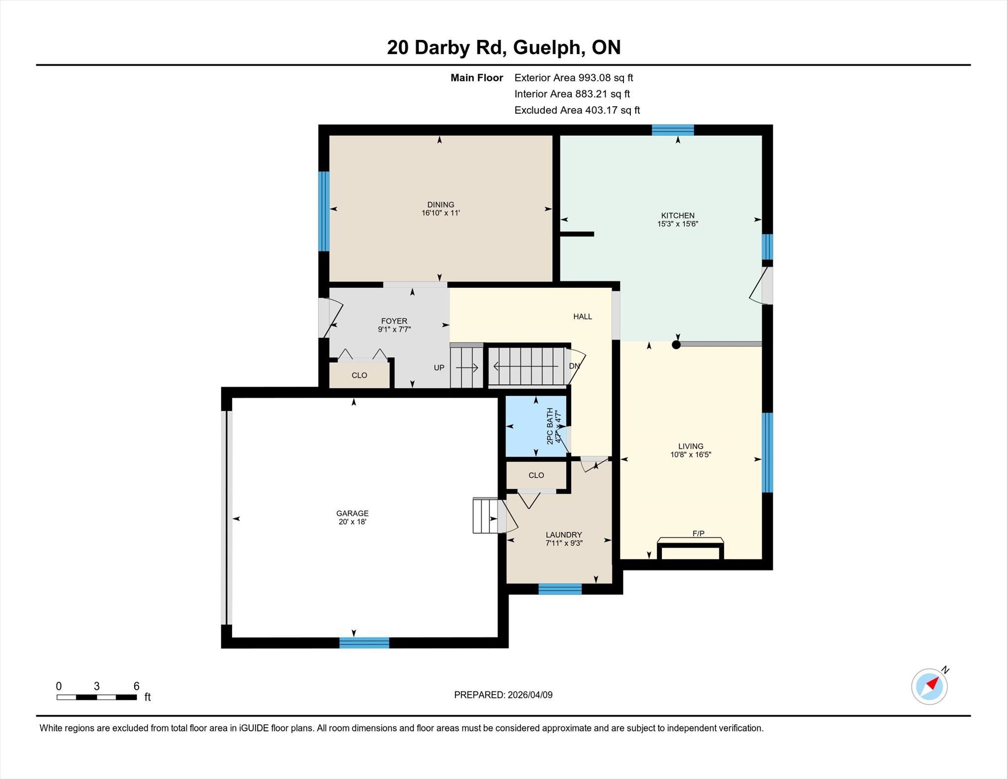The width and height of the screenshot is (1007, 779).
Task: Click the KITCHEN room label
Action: click(x=678, y=216)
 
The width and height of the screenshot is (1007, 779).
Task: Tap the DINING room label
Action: click(x=441, y=205)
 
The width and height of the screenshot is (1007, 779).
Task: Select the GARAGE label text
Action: click(x=353, y=513)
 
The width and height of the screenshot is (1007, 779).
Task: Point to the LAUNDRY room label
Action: click(x=564, y=535)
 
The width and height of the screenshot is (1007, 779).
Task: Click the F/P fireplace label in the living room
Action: click(x=698, y=533)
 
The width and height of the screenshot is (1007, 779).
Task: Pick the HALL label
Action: click(x=583, y=316)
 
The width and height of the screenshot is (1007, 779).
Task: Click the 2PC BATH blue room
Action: click(x=536, y=427)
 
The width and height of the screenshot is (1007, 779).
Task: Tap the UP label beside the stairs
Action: click(x=439, y=368)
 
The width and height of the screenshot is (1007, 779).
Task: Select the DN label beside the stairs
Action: click(x=574, y=366)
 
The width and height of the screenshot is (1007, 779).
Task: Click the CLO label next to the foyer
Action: click(x=359, y=375)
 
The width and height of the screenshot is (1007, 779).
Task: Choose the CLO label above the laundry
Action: click(x=536, y=475)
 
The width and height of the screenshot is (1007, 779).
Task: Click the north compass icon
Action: click(x=929, y=686)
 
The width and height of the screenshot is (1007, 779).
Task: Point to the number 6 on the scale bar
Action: click(x=137, y=686)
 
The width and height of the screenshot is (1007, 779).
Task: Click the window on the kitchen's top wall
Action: click(x=673, y=130)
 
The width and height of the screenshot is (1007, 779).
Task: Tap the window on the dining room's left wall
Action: click(x=324, y=211)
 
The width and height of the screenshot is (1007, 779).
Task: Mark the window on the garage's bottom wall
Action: click(x=364, y=643)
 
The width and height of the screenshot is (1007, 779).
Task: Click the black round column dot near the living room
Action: click(x=676, y=344)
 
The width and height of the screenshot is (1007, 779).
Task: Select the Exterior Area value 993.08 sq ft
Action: click(x=606, y=78)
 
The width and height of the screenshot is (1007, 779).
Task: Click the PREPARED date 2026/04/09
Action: click(x=530, y=695)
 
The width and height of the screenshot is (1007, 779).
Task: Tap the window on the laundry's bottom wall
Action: click(x=560, y=589)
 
